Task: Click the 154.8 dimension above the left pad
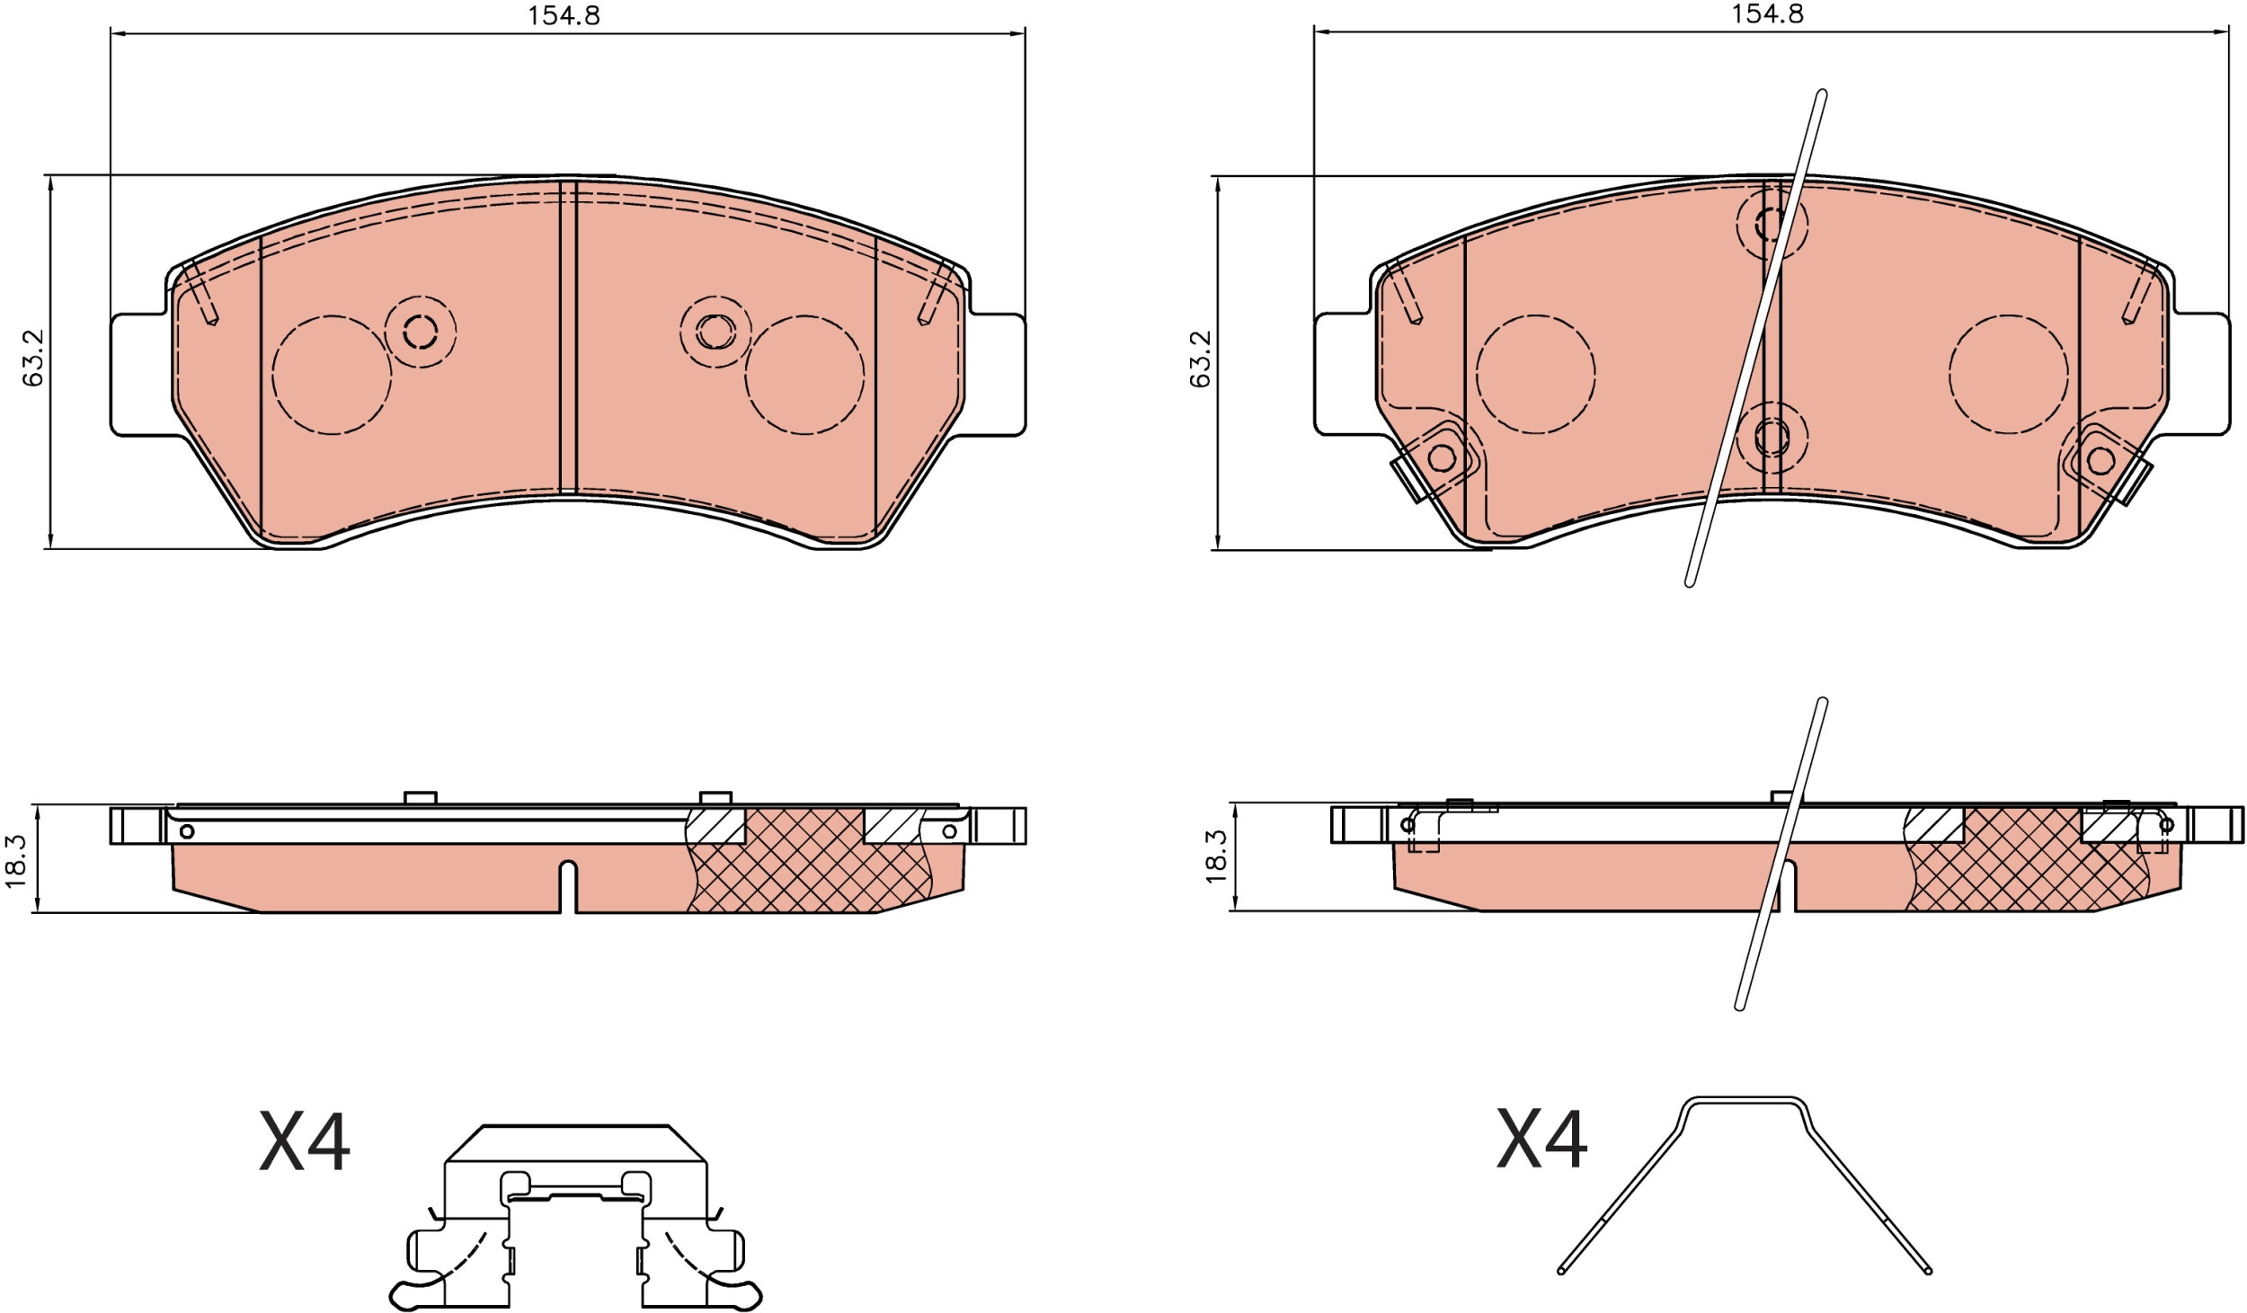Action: pyautogui.click(x=563, y=15)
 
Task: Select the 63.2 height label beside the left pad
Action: pyautogui.click(x=33, y=358)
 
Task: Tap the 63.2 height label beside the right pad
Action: pyautogui.click(x=1200, y=359)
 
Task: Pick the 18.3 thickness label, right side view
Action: pyautogui.click(x=1215, y=856)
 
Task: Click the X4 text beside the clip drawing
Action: pyautogui.click(x=305, y=1142)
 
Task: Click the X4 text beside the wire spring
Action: pyautogui.click(x=1541, y=1139)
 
